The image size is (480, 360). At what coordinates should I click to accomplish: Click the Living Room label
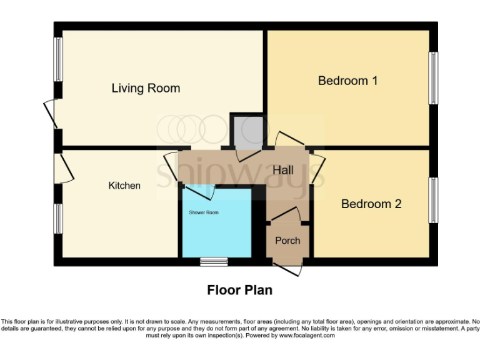pos(146,88)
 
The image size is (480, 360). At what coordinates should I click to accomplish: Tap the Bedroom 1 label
pos(347,81)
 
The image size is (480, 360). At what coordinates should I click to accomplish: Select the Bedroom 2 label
pos(371,204)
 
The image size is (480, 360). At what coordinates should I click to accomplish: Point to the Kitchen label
pos(124,186)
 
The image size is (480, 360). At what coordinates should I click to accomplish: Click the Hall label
pos(283,170)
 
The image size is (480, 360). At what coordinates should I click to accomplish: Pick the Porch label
pos(287,241)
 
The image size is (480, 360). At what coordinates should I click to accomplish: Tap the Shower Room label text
pos(204,212)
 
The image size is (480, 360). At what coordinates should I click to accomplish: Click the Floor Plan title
pos(239,291)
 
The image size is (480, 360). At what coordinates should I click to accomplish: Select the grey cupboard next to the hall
pos(246,131)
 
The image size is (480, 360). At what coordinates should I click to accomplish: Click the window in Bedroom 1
pos(432,78)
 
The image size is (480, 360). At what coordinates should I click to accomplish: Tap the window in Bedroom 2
pos(432,200)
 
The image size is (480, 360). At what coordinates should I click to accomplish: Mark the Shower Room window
pos(214,261)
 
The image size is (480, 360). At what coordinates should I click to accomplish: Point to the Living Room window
pos(58,59)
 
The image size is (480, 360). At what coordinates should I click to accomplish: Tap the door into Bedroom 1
pos(289,139)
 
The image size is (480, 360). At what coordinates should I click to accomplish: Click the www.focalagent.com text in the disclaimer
pos(307,336)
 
